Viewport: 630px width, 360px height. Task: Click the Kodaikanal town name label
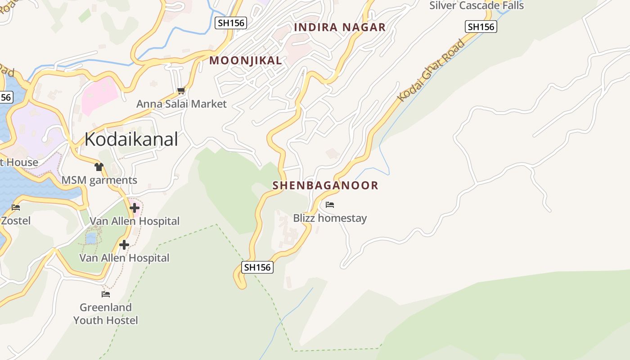131,139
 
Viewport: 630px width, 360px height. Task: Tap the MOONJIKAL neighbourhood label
246,60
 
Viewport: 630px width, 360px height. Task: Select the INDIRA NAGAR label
340,27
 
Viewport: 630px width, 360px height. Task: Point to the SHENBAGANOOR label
325,185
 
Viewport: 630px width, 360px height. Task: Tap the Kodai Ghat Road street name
431,71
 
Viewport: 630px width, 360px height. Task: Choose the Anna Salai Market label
181,104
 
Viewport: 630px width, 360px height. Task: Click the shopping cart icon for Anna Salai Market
181,91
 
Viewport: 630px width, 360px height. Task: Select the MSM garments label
99,180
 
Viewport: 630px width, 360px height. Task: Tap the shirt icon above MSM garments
99,167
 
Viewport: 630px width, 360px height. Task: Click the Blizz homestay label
330,218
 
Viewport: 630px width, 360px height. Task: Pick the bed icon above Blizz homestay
330,205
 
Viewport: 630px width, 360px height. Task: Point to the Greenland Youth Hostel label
106,314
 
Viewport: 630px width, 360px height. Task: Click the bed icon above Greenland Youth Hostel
106,294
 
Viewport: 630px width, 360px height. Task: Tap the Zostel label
16,220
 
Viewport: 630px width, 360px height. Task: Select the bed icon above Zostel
16,207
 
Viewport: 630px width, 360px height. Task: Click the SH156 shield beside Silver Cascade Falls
481,27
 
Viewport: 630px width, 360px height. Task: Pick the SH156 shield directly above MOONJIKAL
231,23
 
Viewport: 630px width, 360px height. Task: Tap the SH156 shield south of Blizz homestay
257,267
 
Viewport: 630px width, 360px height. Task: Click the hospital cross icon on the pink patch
134,208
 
